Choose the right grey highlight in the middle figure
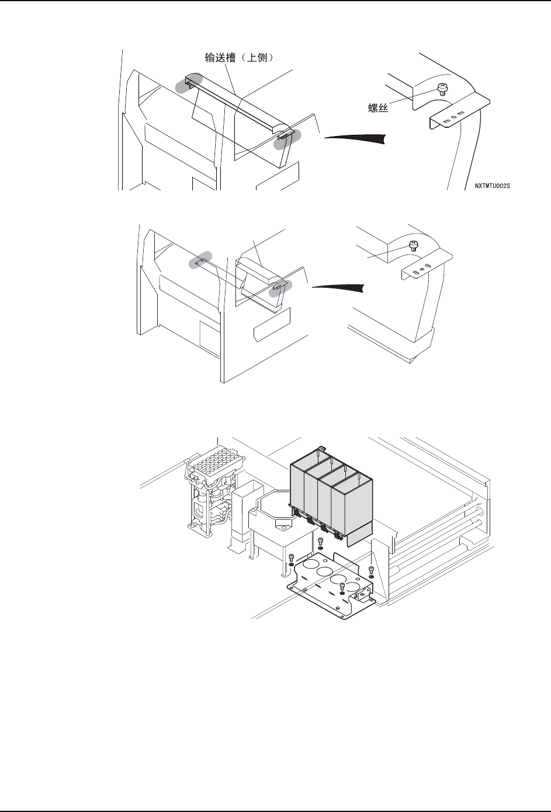[280, 287]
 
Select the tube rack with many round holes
[209, 466]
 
